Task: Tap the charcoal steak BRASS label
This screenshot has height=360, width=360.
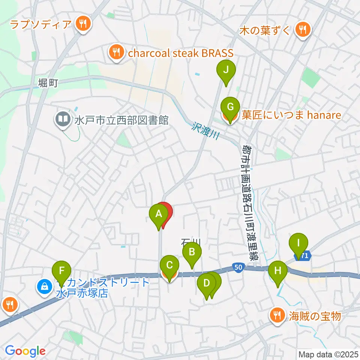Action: pos(180,53)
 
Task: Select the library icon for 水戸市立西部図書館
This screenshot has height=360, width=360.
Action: pos(62,120)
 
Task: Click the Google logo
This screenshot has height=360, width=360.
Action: pos(25,351)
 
